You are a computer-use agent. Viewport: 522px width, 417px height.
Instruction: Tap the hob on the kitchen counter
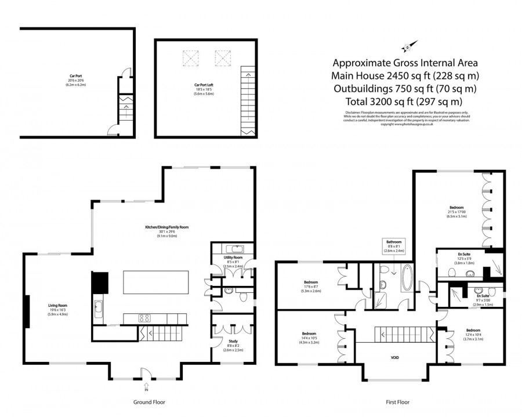point(143,317)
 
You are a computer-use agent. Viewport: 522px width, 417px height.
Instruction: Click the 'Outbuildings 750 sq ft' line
point(404,88)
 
